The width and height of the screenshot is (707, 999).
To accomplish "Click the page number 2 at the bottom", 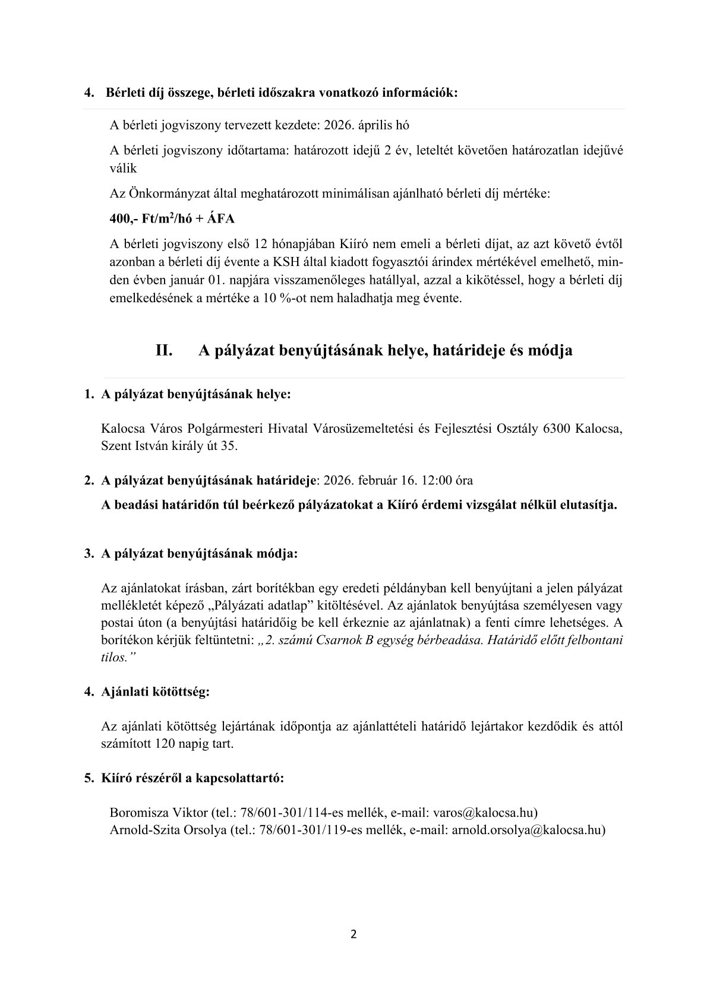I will (353, 935).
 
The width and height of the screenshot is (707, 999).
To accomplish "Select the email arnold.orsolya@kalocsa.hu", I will (526, 830).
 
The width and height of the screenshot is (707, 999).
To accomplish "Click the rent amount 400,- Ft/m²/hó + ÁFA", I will (172, 218).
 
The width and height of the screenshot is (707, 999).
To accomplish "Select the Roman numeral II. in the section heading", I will (164, 351).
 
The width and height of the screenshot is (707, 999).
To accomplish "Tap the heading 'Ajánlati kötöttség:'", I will (156, 692).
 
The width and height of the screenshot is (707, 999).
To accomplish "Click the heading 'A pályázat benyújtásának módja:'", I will (200, 554).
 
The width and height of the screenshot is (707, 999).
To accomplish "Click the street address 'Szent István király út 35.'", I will (170, 446).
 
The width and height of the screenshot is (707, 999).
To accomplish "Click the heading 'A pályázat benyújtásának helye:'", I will (196, 395).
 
